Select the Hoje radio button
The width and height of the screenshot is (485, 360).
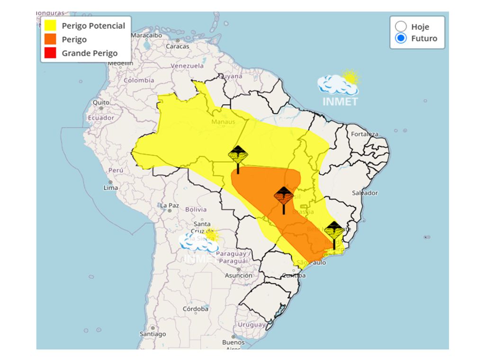tap(401, 27)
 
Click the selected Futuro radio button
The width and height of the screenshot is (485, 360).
tap(401, 38)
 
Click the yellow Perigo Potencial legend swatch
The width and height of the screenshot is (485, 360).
tap(50, 26)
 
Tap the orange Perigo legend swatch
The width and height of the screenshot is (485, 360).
tap(50, 39)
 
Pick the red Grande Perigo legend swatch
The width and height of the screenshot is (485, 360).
tap(50, 53)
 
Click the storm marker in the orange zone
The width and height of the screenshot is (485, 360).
tap(284, 197)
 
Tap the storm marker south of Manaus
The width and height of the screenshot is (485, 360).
tap(238, 156)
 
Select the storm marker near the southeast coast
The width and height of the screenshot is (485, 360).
tap(334, 232)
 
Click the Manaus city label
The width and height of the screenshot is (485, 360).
tap(223, 122)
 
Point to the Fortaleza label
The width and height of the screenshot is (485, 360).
tap(364, 134)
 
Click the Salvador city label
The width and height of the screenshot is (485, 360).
tap(365, 193)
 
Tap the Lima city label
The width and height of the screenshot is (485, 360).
tap(110, 188)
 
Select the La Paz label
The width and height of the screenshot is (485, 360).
tap(169, 206)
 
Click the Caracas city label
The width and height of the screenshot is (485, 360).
tap(177, 46)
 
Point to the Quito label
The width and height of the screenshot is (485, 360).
tap(101, 102)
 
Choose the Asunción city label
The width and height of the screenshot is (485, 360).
tap(238, 275)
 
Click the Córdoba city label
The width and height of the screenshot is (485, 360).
tap(195, 309)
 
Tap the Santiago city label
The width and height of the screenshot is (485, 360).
tap(153, 334)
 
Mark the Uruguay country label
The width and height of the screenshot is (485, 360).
tap(251, 325)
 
